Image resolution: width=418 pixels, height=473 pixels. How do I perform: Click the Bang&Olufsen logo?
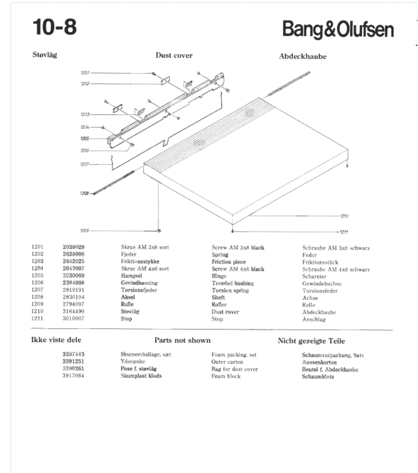click(338, 30)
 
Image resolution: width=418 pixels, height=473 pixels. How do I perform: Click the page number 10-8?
click(55, 27)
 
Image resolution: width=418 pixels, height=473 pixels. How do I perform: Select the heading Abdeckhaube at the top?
click(303, 56)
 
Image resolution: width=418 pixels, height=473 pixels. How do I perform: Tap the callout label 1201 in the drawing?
click(85, 73)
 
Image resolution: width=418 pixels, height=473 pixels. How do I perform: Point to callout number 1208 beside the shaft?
click(84, 193)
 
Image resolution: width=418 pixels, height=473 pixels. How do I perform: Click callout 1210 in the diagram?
click(344, 216)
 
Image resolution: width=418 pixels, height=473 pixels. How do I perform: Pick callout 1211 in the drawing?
click(344, 232)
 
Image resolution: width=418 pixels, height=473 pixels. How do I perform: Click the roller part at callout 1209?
click(159, 231)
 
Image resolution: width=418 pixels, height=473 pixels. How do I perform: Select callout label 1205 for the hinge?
click(84, 139)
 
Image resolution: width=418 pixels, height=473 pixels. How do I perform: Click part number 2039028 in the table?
click(74, 247)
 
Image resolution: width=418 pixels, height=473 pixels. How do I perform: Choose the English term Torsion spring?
click(230, 290)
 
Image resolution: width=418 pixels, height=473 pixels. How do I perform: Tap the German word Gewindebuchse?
click(322, 284)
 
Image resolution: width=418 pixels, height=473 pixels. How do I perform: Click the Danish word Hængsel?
click(131, 276)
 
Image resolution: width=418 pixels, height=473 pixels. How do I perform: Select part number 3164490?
click(73, 311)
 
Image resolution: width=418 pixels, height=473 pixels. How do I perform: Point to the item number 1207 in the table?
click(38, 290)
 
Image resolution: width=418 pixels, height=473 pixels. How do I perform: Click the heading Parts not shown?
click(182, 340)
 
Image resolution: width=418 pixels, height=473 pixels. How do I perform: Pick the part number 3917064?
click(73, 376)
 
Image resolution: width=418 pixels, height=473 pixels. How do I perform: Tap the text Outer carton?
click(227, 362)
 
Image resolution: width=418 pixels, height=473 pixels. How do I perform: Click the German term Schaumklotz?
click(318, 377)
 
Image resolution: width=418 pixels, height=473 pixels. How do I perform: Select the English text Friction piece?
click(229, 262)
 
